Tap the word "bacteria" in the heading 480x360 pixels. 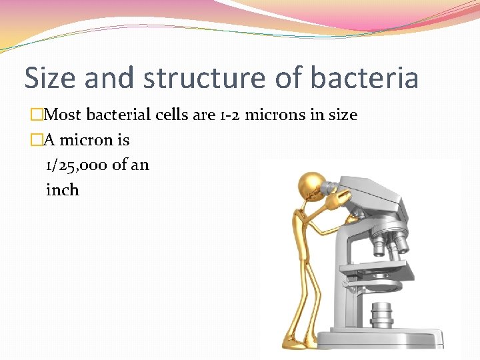[x=367, y=77]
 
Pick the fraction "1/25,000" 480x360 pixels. [x=77, y=165]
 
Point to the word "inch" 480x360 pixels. [x=63, y=190]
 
